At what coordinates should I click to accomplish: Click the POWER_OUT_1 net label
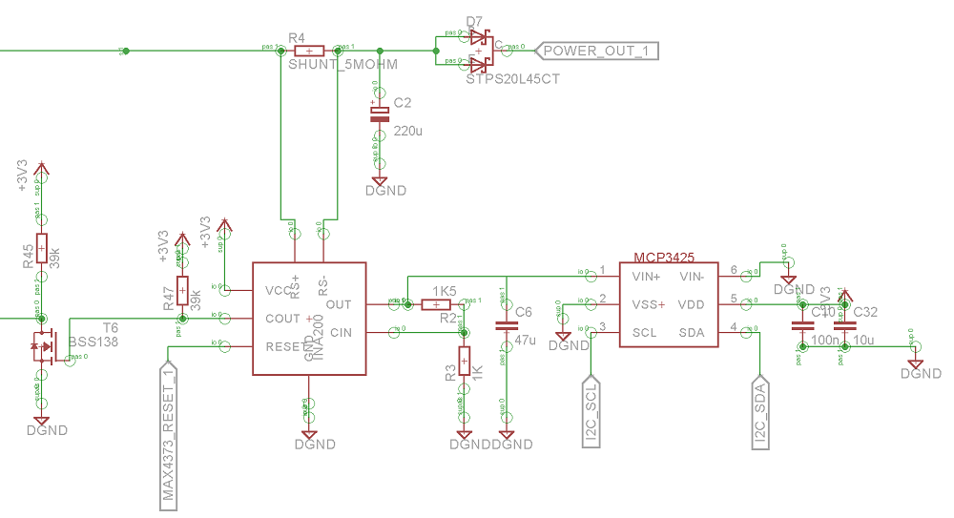click(599, 51)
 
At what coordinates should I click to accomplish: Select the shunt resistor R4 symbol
click(309, 51)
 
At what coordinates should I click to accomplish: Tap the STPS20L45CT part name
click(512, 79)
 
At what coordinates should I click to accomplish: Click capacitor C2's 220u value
click(407, 131)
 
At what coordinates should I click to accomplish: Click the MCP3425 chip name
click(663, 258)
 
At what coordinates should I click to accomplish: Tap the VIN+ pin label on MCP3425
click(648, 277)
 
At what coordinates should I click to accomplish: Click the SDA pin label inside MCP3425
click(692, 333)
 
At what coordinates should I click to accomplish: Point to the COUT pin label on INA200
click(283, 319)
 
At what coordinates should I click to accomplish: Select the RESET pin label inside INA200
click(284, 346)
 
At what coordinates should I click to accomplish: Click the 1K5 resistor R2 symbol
click(436, 304)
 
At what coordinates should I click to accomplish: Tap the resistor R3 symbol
click(465, 363)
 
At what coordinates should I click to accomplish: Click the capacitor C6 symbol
click(507, 325)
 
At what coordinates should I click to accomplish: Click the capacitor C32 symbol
click(840, 325)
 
